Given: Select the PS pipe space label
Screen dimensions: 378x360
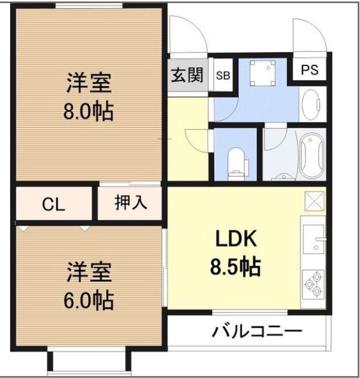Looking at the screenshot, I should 310,70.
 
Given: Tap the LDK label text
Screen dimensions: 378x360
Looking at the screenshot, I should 236,240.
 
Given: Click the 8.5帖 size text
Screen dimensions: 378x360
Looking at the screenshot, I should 236,267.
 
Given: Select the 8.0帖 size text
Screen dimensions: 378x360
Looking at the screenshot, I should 89,112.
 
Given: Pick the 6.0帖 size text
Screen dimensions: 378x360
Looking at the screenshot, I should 89,299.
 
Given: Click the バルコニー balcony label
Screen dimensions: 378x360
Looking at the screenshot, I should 256,331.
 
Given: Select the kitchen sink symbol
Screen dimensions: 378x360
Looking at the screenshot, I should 313,242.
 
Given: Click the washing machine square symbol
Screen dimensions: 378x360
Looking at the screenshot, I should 260,74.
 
